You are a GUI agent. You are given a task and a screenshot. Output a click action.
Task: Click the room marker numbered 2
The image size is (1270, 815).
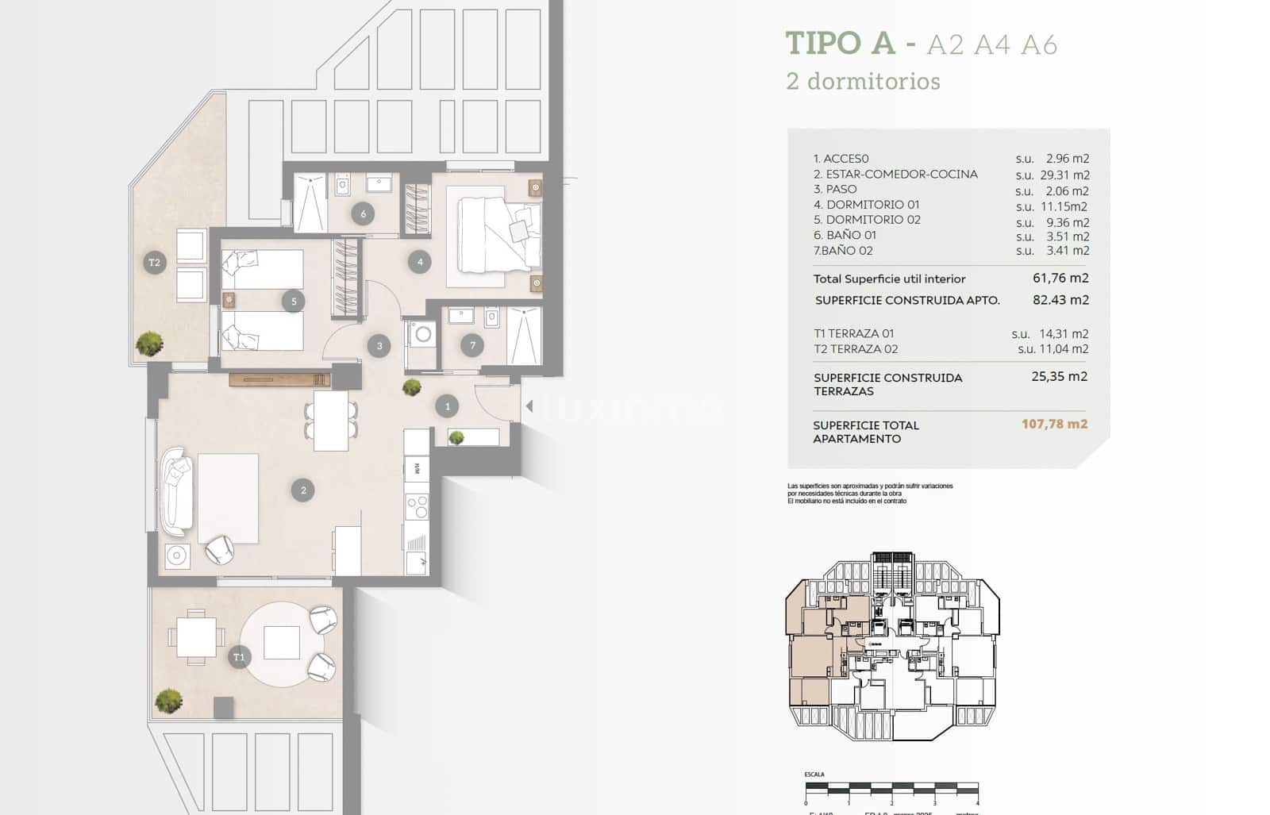click(303, 490)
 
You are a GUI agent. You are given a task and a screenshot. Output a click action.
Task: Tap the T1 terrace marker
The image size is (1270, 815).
click(239, 657)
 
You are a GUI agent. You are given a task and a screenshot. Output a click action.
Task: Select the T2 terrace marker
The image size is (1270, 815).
click(155, 263)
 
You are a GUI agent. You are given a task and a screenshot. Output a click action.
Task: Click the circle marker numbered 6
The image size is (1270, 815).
click(363, 213)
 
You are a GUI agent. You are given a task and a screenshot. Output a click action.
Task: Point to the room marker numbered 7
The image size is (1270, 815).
click(472, 345)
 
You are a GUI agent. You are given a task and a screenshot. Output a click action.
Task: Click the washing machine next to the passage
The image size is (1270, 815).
click(421, 335)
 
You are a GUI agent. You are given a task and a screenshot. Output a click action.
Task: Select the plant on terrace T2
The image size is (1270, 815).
click(149, 344)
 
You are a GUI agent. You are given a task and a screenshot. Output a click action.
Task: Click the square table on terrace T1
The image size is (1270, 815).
click(196, 636)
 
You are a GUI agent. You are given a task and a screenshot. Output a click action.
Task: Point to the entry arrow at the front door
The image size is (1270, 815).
click(529, 407)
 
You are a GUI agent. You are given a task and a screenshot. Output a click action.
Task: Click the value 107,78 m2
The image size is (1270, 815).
click(1054, 424)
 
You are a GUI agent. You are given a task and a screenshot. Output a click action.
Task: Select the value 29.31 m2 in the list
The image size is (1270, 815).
click(1064, 175)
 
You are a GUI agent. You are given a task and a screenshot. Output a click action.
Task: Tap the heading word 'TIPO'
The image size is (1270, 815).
click(823, 43)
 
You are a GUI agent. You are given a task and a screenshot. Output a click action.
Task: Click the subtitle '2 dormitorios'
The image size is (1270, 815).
click(863, 81)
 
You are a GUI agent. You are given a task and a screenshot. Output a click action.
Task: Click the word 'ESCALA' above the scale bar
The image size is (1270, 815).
click(814, 775)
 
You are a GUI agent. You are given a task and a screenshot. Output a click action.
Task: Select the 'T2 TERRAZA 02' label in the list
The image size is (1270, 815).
click(856, 349)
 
